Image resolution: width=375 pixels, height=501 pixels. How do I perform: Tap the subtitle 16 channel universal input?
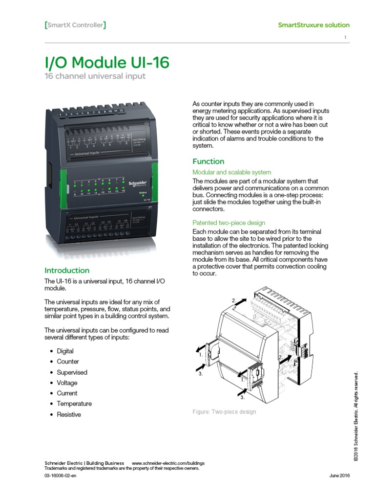95,77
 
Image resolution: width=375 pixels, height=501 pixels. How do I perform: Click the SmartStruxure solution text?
313,25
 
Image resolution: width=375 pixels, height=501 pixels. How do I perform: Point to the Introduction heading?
67,271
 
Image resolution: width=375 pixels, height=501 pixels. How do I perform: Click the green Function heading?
208,161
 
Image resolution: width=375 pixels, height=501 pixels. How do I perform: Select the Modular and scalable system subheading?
232,172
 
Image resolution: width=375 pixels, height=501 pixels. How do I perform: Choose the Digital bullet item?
65,351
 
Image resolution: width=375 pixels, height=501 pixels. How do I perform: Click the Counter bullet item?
68,362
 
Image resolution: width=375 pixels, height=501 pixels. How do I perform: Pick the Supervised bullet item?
72,372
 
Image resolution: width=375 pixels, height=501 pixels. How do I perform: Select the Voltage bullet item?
67,383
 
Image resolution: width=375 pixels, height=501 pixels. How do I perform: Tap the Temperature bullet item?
74,404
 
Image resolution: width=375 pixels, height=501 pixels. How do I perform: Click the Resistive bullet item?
69,414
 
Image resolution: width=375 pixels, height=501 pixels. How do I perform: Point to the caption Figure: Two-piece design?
224,412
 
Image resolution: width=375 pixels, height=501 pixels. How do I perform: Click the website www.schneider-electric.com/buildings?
168,463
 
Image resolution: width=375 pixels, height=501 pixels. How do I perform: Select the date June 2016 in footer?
340,476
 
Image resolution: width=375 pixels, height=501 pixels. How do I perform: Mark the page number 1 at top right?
345,38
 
